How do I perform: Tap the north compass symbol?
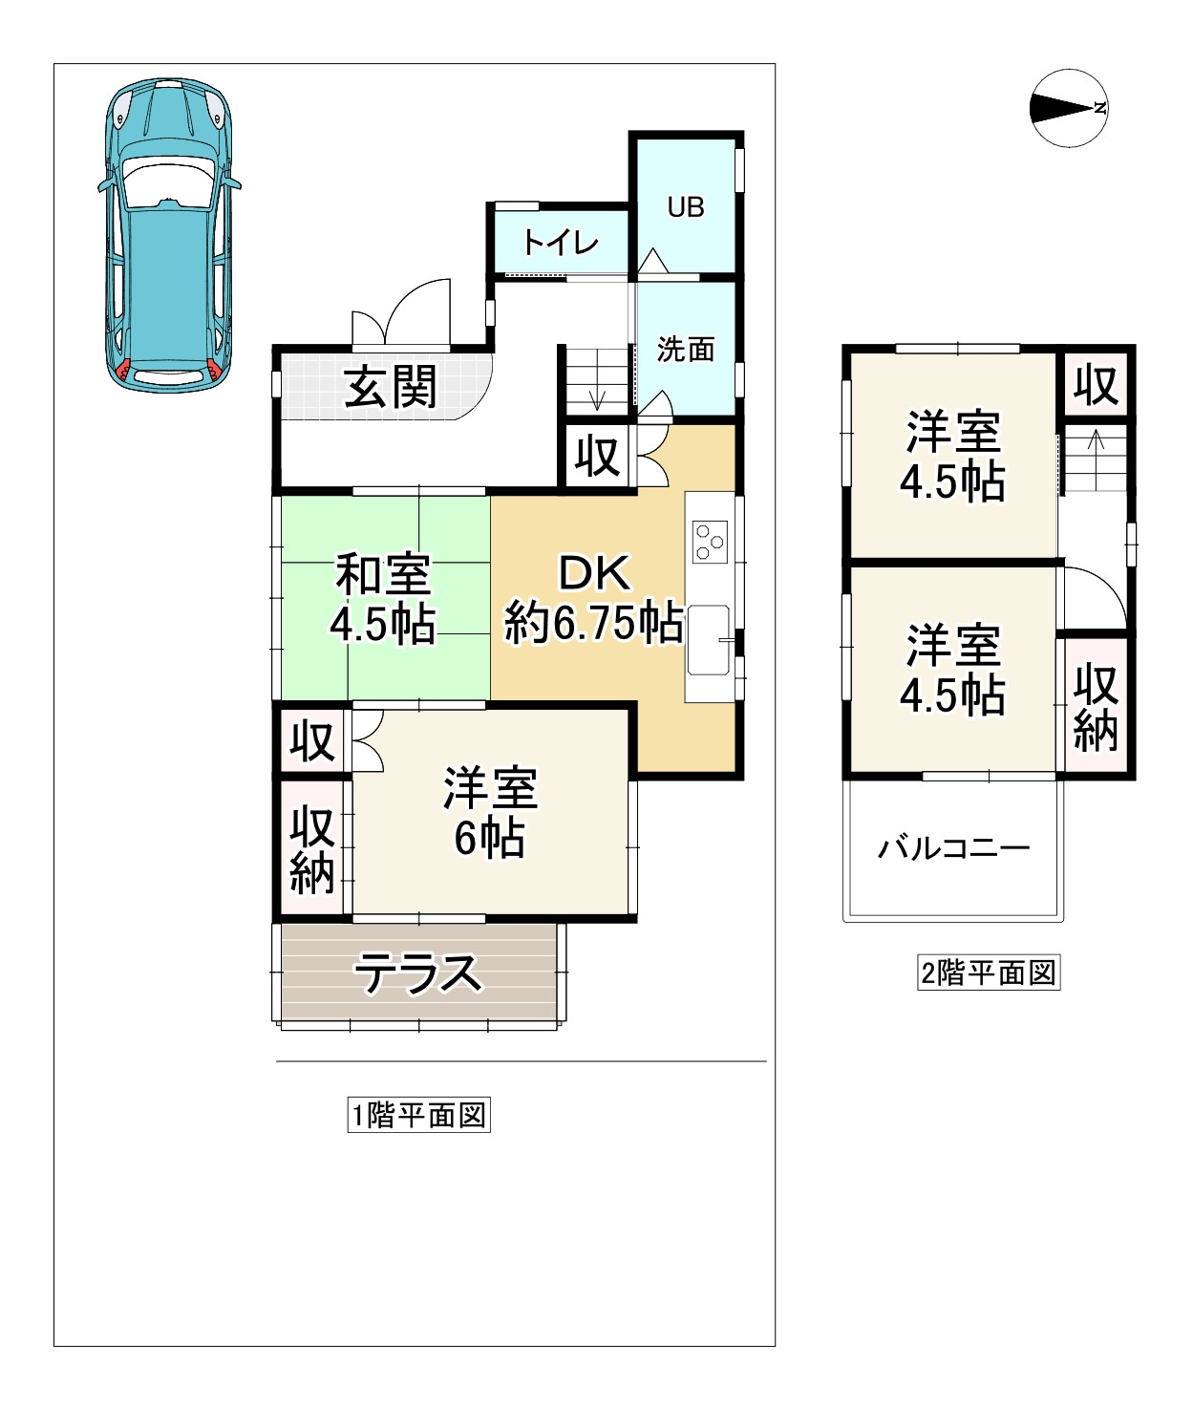[x=1069, y=108]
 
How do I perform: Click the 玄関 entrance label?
[x=391, y=387]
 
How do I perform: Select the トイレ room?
[x=560, y=243]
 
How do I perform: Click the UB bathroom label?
[x=686, y=207]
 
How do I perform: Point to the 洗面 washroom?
[x=686, y=350]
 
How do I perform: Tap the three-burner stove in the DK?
[x=710, y=541]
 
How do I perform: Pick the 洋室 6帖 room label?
[x=490, y=813]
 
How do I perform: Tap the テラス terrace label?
[x=418, y=973]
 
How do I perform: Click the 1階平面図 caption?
[x=418, y=1115]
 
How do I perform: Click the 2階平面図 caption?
[x=989, y=973]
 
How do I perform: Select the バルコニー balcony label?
[x=953, y=847]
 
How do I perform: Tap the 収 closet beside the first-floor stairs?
[x=598, y=457]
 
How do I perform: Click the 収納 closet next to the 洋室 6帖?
[x=312, y=849]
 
